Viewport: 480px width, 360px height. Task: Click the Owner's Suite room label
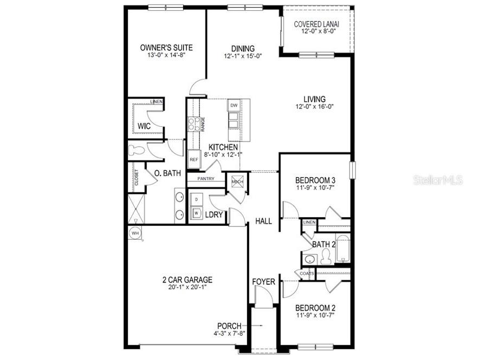tap(166, 48)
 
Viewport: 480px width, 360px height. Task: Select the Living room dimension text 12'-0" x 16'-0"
tap(314, 107)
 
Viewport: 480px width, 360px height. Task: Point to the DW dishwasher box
tap(233, 105)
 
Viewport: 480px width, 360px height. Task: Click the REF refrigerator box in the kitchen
tap(193, 160)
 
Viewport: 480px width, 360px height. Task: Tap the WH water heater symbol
tap(135, 233)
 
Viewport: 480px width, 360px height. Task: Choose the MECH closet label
tap(237, 182)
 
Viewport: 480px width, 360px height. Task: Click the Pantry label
tap(205, 179)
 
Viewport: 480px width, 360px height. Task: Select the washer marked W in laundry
tap(196, 213)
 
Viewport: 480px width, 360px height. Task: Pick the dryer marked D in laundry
tap(196, 200)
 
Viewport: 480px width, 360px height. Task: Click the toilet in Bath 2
tap(326, 258)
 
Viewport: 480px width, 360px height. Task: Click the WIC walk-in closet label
tap(144, 126)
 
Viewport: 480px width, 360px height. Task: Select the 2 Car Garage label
tap(187, 280)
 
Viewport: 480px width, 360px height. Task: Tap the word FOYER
tap(264, 282)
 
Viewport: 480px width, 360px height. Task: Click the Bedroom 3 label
tap(315, 180)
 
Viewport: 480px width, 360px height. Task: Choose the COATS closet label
tap(306, 274)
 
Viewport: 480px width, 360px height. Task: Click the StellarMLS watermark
tap(438, 180)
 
